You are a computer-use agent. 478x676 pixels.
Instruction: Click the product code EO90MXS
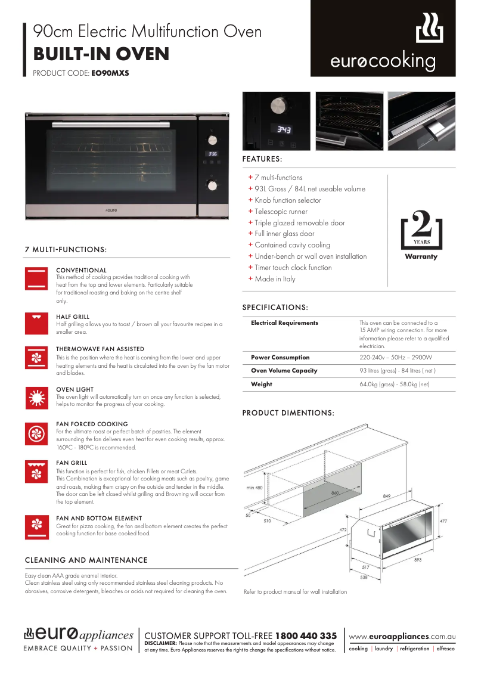coord(110,73)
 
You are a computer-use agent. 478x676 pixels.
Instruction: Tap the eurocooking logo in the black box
coord(383,45)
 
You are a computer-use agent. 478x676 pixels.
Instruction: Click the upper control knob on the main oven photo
coord(212,139)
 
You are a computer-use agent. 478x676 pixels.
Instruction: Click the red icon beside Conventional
coord(36,279)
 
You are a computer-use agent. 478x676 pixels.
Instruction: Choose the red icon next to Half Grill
coord(36,323)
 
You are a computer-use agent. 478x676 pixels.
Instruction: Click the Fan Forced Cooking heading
coord(92,424)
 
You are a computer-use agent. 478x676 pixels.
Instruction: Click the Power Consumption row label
coord(280,358)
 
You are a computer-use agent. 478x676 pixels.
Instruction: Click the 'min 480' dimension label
coord(254,488)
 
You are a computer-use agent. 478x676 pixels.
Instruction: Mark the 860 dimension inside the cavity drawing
coord(336,494)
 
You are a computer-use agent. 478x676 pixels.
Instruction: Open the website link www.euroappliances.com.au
coord(402,637)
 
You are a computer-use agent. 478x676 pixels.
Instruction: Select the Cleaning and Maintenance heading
coord(86,560)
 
